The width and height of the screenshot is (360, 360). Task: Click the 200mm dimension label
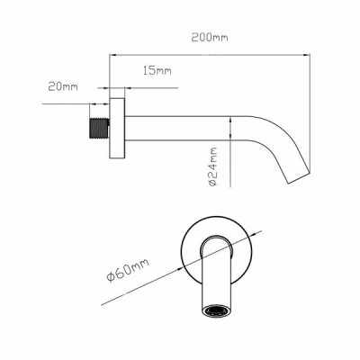coord(210,38)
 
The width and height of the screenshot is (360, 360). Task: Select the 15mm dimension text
coord(157,71)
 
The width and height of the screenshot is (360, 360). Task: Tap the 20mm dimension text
coord(63,86)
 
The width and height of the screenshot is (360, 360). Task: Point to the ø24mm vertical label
coord(212,166)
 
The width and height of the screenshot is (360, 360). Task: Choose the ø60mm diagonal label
coord(128,270)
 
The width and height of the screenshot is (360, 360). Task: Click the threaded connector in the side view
coord(99,128)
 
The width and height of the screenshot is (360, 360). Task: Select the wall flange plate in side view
coord(117,128)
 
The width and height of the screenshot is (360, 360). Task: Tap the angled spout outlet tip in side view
coord(299,176)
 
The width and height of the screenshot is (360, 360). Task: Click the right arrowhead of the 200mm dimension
coord(307,55)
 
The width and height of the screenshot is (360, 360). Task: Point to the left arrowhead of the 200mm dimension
coord(112,55)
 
